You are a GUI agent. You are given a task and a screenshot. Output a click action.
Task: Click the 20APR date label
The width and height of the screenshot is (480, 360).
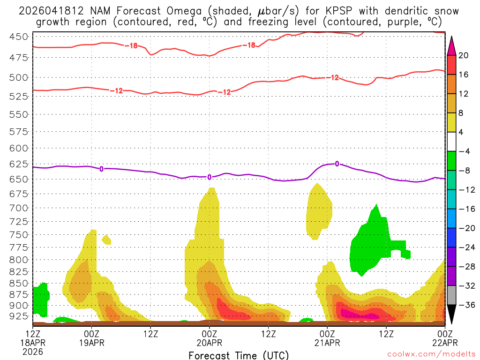coord(209,342)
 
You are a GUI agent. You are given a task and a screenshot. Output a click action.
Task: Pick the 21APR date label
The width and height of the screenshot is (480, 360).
coord(327,342)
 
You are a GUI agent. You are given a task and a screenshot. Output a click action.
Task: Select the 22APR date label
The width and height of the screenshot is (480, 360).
coord(444,342)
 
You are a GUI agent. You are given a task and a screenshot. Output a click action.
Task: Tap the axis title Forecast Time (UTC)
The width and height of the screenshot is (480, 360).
coord(239,355)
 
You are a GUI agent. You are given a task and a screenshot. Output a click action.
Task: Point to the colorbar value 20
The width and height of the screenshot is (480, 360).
coord(464,55)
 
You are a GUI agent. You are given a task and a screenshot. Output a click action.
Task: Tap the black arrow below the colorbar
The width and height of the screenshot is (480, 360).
coord(451,315)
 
